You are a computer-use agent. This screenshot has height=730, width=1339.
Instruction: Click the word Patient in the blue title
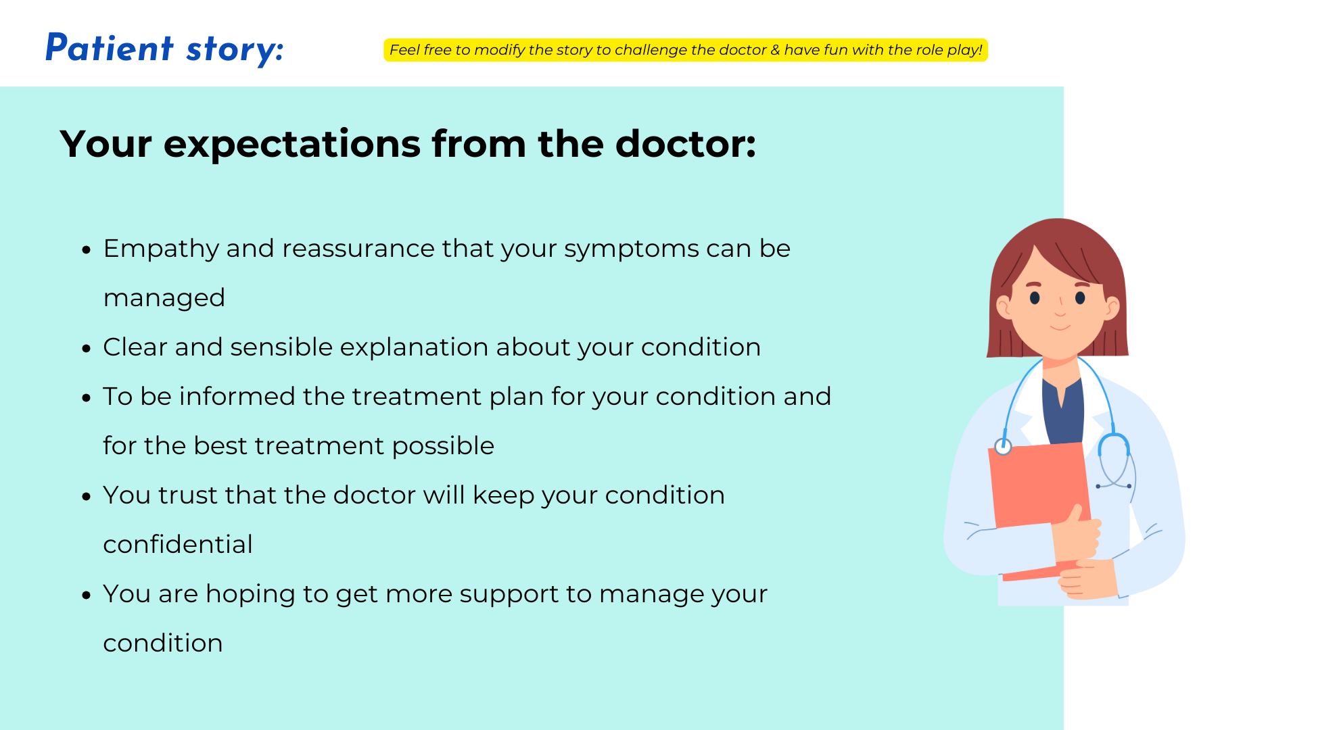110,48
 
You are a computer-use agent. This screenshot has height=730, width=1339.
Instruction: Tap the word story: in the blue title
235,50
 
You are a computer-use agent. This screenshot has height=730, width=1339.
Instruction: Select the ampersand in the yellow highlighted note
775,50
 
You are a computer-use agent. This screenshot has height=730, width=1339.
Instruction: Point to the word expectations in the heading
292,144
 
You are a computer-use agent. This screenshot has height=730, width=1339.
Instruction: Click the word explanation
414,348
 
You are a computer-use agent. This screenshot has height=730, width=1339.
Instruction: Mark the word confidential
178,545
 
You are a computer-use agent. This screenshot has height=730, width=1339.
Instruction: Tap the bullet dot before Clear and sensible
86,349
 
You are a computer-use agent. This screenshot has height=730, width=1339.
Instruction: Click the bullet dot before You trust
86,497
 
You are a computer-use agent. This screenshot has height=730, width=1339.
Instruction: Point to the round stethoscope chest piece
1003,446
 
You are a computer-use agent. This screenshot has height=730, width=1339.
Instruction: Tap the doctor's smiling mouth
1060,328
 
